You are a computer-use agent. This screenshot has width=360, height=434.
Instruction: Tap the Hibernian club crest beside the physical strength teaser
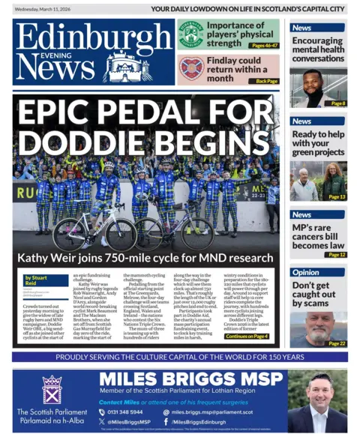(x=190, y=34)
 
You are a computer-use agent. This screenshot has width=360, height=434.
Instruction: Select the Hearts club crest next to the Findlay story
(x=190, y=69)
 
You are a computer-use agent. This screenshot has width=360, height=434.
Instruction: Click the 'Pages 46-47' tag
(x=264, y=46)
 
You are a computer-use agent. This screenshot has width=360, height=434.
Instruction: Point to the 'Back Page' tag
(x=266, y=81)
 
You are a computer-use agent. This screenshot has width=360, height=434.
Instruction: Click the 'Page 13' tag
(x=336, y=197)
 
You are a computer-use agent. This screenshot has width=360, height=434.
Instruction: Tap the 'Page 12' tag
(x=336, y=255)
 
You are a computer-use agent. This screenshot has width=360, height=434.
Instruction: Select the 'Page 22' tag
(x=336, y=343)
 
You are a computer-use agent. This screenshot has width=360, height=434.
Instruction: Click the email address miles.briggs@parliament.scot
(x=217, y=412)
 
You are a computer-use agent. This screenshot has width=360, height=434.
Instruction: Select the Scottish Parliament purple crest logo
(x=52, y=390)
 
